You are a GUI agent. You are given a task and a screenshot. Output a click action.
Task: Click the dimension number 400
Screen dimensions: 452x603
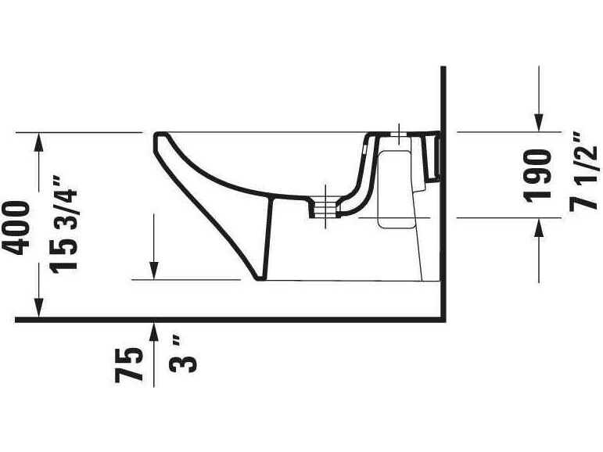click(17, 227)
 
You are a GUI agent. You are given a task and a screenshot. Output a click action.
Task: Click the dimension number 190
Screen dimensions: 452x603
click(538, 175)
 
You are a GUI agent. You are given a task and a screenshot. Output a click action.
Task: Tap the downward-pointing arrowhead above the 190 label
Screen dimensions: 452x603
click(539, 121)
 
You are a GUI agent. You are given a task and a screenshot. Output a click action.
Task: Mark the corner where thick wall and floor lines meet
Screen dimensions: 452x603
click(443, 320)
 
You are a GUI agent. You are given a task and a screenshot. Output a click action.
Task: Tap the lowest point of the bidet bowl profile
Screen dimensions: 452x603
click(257, 278)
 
